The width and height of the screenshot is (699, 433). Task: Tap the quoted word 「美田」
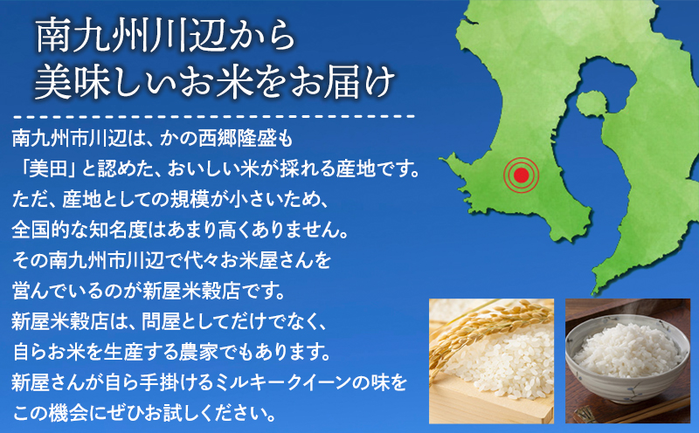48,165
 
